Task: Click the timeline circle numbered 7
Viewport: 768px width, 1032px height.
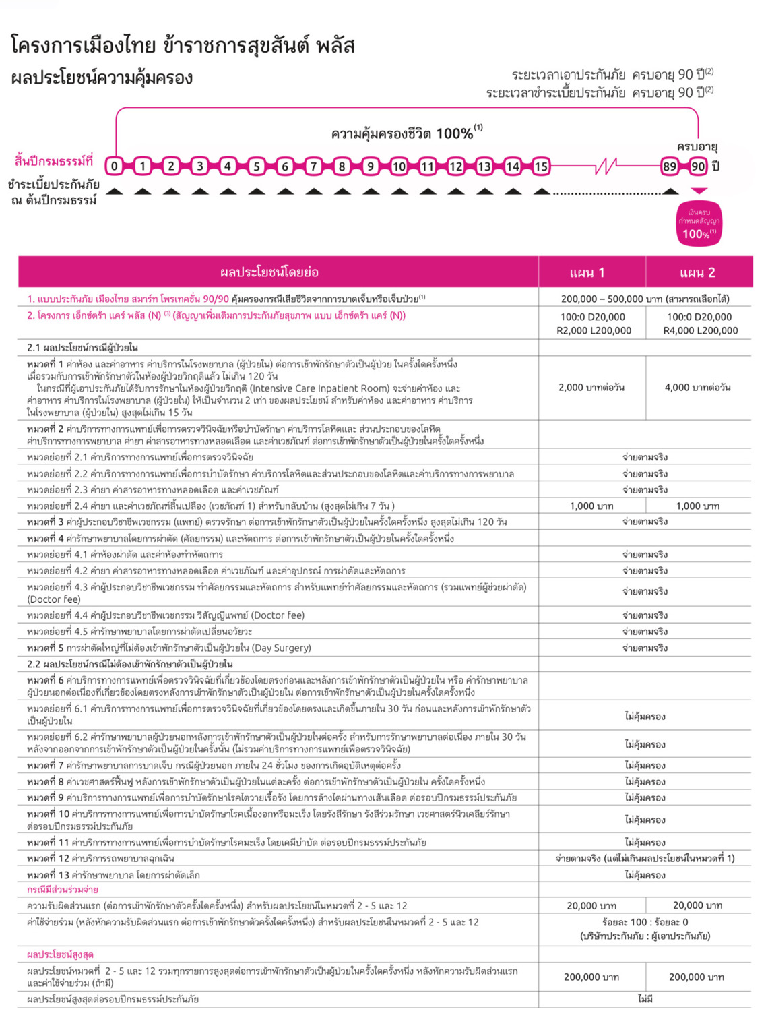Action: pyautogui.click(x=313, y=166)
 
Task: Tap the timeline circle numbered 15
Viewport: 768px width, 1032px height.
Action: pyautogui.click(x=541, y=166)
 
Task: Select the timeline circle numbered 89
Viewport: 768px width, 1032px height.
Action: pyautogui.click(x=669, y=166)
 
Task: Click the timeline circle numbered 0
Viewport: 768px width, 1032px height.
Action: pyautogui.click(x=115, y=166)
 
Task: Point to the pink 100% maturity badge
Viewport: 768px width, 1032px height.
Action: pyautogui.click(x=699, y=224)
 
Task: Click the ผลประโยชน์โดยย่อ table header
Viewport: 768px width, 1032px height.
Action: pyautogui.click(x=269, y=272)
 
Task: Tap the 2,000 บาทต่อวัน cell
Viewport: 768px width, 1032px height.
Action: pyautogui.click(x=591, y=388)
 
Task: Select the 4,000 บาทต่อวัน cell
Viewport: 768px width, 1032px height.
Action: pyautogui.click(x=698, y=388)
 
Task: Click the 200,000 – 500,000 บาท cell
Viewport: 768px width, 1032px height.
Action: pyautogui.click(x=645, y=299)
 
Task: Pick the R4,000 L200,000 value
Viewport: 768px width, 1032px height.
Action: pyautogui.click(x=700, y=331)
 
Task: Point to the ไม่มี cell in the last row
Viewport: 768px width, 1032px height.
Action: pyautogui.click(x=645, y=999)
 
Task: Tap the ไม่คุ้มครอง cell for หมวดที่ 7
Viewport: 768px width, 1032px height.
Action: pyautogui.click(x=645, y=766)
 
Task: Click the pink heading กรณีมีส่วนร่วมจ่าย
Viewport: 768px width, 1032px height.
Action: pyautogui.click(x=62, y=890)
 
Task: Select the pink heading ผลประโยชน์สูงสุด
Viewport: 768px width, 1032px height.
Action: pyautogui.click(x=60, y=954)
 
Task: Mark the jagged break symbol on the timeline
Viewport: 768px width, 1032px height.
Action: pyautogui.click(x=607, y=165)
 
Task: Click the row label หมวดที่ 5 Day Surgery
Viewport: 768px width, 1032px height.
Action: pyautogui.click(x=168, y=648)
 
